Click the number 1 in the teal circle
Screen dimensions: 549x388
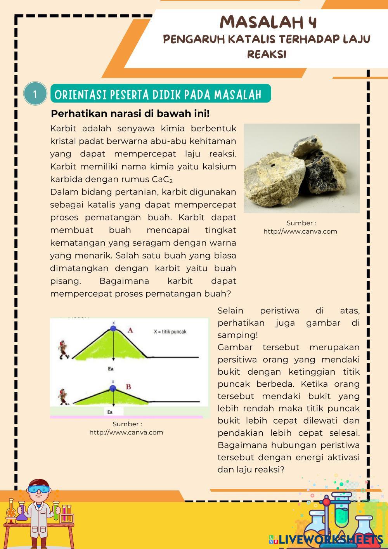(35, 94)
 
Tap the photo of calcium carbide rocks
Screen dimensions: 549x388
(301, 168)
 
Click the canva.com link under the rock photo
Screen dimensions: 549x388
(300, 231)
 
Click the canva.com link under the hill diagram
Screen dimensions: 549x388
(126, 432)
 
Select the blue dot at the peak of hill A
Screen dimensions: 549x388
(113, 329)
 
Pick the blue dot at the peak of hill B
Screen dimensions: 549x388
(113, 388)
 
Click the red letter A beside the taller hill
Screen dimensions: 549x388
(130, 330)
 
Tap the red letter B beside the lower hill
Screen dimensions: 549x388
(128, 387)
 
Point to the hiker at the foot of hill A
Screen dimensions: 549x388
(64, 349)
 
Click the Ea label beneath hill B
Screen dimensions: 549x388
(110, 412)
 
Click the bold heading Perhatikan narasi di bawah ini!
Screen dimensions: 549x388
(130, 114)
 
